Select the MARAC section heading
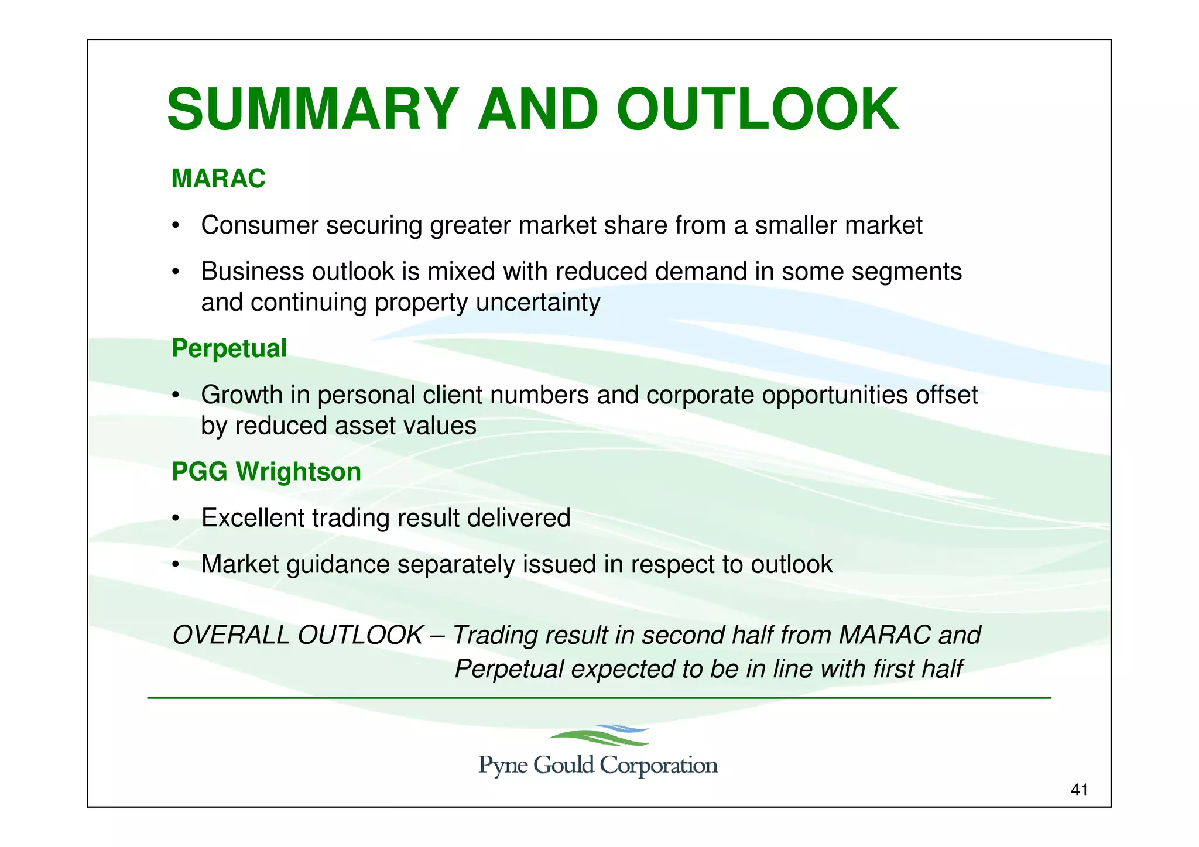tap(218, 179)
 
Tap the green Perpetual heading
tap(229, 348)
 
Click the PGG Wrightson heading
tap(266, 472)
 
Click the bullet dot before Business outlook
tap(175, 273)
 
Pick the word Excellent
tap(252, 518)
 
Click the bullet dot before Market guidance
tap(175, 565)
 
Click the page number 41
tap(1078, 790)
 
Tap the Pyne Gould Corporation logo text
tap(598, 766)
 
